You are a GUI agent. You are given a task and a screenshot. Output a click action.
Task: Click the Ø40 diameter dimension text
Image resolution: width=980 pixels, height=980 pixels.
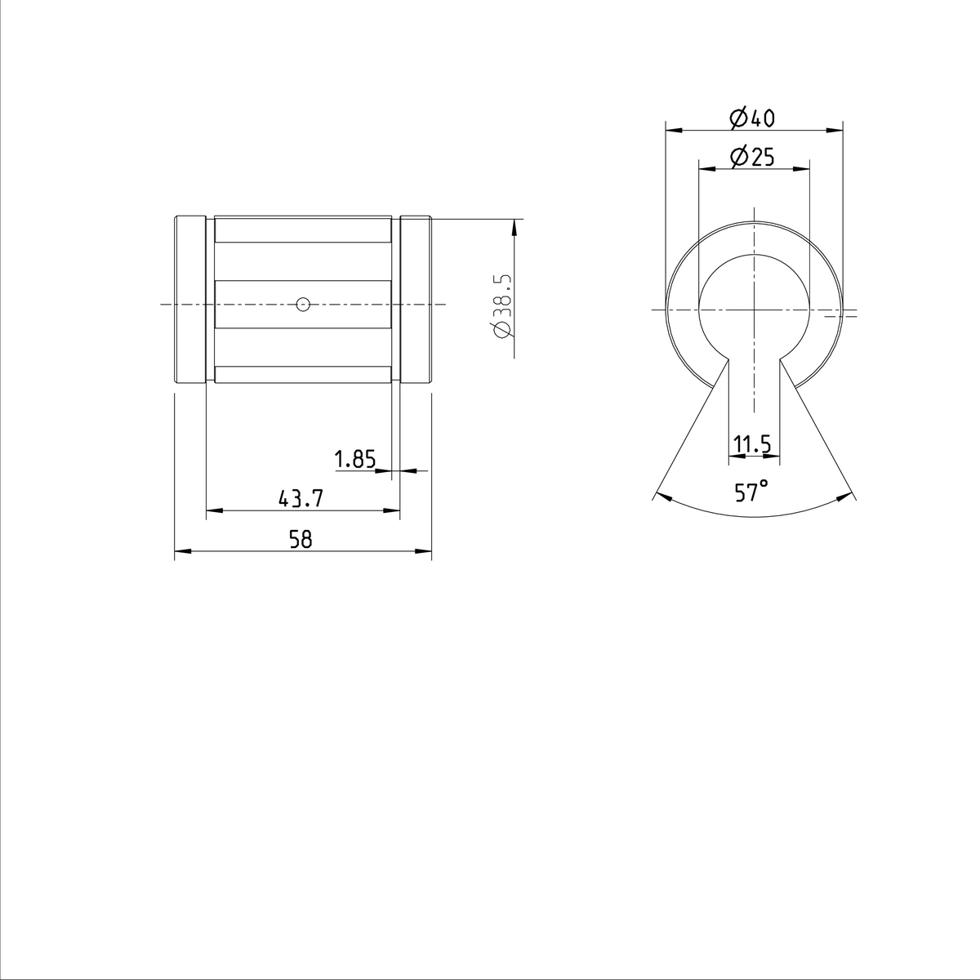[752, 118]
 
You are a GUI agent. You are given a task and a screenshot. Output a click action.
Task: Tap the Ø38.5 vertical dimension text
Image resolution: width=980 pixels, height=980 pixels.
[501, 305]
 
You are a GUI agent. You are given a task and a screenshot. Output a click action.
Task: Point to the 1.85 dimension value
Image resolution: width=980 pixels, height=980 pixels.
[355, 460]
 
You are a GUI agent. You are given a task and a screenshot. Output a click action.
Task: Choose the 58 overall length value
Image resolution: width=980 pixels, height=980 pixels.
[302, 540]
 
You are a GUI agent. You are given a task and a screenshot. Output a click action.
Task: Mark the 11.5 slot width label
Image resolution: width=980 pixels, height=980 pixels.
[752, 445]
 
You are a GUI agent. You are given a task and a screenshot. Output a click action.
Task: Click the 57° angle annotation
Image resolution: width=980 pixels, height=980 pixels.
[751, 492]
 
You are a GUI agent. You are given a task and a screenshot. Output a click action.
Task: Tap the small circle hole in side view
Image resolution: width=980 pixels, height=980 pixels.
[303, 305]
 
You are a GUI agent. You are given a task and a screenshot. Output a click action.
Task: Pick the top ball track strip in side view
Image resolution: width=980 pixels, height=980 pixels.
[302, 229]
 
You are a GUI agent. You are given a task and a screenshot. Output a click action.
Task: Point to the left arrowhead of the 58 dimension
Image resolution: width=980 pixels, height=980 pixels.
[180, 552]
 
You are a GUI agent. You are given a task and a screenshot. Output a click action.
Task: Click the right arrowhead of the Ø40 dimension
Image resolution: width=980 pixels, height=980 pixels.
[837, 129]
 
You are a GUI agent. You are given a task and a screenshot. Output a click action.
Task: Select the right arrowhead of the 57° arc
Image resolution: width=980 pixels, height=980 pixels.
[848, 495]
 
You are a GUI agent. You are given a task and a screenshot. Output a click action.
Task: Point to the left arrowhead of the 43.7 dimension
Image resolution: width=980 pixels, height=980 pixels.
[212, 511]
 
